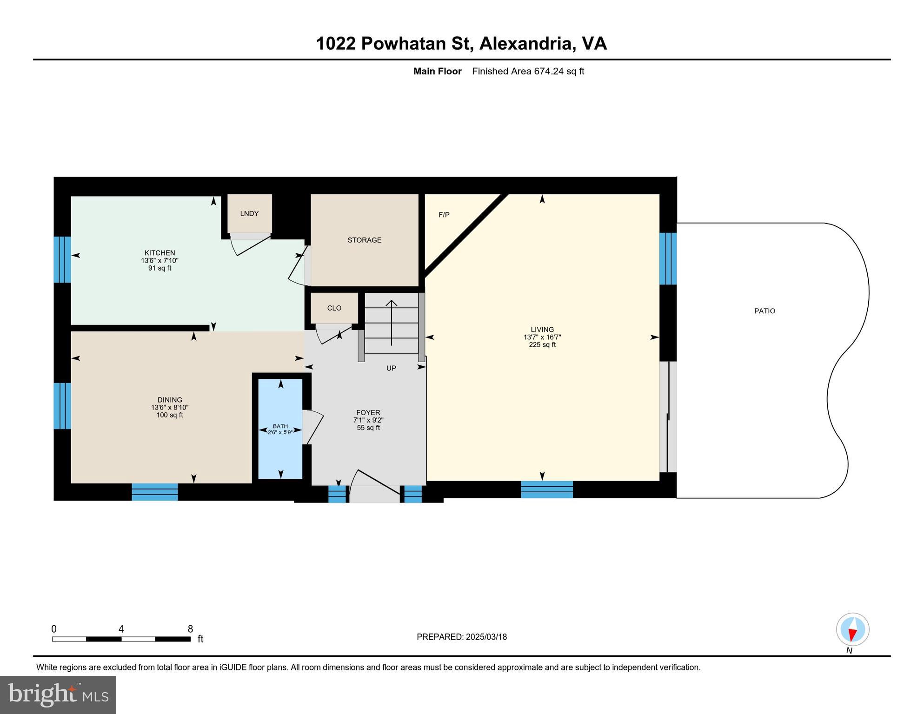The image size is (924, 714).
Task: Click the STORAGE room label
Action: tap(364, 240)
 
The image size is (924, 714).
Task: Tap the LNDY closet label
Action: tap(249, 213)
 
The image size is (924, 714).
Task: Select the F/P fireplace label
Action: tap(444, 215)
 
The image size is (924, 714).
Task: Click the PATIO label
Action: tap(764, 311)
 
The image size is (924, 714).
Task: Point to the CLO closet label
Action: tap(334, 308)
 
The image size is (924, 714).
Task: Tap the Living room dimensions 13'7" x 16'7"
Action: tap(542, 337)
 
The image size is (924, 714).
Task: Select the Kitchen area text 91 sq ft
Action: tap(160, 268)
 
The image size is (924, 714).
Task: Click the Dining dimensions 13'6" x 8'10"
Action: tap(169, 407)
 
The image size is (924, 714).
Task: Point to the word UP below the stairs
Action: tap(391, 368)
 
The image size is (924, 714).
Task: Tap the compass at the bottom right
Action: tap(852, 630)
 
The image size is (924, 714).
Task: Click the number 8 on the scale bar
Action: tap(190, 629)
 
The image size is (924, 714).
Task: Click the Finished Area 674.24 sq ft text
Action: tap(527, 71)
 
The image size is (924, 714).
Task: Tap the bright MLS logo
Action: tap(58, 694)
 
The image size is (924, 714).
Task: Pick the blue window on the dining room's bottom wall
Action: tap(154, 492)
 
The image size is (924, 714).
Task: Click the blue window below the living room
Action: tap(546, 489)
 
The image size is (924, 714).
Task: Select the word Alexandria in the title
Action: tap(525, 43)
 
